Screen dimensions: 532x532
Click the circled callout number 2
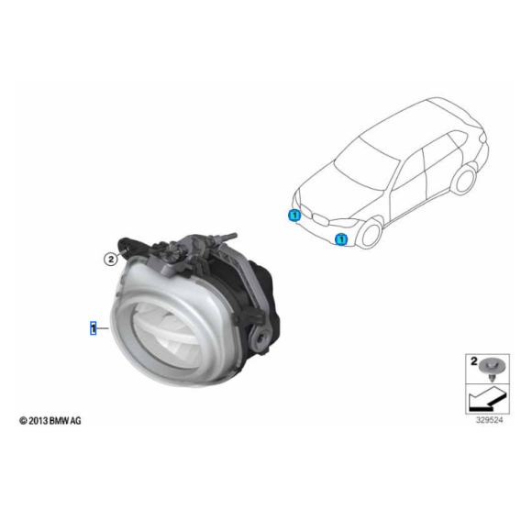pyautogui.click(x=110, y=260)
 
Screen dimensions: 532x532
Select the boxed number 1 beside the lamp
pyautogui.click(x=93, y=327)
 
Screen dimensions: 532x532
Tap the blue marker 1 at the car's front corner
pyautogui.click(x=294, y=216)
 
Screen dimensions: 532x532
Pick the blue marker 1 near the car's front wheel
pyautogui.click(x=341, y=239)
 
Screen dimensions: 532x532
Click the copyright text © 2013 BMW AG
pyautogui.click(x=50, y=421)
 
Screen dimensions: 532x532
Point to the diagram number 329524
pyautogui.click(x=489, y=420)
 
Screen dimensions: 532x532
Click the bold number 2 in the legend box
pyautogui.click(x=473, y=361)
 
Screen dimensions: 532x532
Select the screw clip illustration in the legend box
pyautogui.click(x=492, y=369)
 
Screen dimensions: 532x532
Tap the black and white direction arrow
pyautogui.click(x=487, y=400)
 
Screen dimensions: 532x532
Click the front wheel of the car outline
pyautogui.click(x=371, y=234)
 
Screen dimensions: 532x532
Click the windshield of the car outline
pyautogui.click(x=366, y=165)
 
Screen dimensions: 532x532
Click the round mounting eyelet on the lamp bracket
pyautogui.click(x=260, y=338)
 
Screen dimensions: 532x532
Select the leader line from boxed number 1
pyautogui.click(x=103, y=328)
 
